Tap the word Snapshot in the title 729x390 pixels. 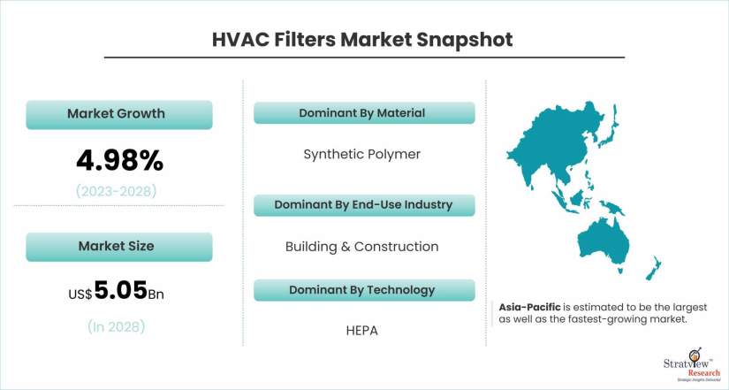(465, 40)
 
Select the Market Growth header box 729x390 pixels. (119, 114)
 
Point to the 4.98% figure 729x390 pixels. (120, 161)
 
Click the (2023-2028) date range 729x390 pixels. (117, 191)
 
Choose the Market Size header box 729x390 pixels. (119, 247)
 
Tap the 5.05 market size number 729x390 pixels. (121, 290)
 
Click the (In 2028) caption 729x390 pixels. (117, 326)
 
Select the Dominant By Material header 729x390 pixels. (364, 113)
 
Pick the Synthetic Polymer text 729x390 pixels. (361, 155)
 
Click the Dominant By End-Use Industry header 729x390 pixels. (364, 205)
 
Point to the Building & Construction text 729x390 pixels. (361, 247)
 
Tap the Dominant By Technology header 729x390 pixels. (364, 290)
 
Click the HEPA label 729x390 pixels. (361, 331)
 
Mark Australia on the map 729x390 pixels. (604, 242)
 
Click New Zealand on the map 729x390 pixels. (654, 269)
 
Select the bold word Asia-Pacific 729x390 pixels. (529, 307)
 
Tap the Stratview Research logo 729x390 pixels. (691, 365)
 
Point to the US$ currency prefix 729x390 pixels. (80, 294)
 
